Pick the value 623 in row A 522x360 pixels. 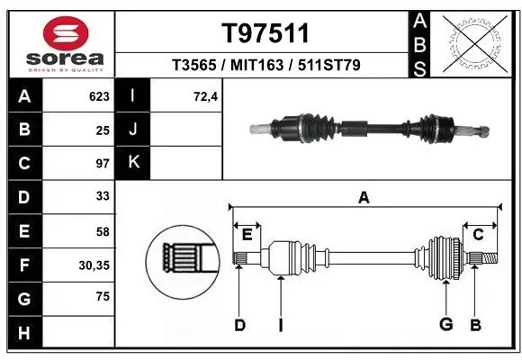(x=98, y=96)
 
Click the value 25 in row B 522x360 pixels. (x=102, y=130)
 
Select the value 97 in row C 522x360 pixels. (x=102, y=163)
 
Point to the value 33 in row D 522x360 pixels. (x=102, y=197)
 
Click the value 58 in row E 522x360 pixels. (x=102, y=231)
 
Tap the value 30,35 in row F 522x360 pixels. (x=94, y=265)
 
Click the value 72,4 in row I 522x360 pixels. (x=205, y=96)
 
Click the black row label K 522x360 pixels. (x=132, y=163)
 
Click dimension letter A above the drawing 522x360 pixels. (x=364, y=198)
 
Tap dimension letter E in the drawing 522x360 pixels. (x=246, y=234)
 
